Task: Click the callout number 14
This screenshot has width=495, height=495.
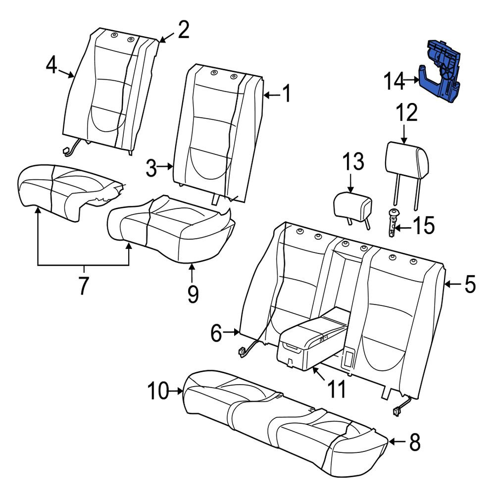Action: (x=394, y=81)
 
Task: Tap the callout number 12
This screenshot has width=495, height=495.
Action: (x=407, y=113)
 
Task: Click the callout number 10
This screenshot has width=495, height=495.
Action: (x=158, y=391)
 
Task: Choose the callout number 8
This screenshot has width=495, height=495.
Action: (x=415, y=442)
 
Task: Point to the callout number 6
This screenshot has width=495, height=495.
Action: (x=216, y=333)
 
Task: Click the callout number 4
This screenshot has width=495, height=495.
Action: (x=51, y=66)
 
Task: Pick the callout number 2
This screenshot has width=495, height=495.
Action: (x=184, y=30)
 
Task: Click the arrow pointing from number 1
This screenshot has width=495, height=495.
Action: (x=271, y=95)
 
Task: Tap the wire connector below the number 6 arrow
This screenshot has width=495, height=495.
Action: (x=242, y=351)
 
